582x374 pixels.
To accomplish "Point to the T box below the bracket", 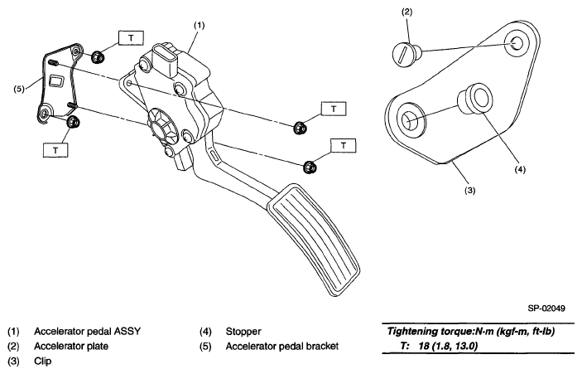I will (55, 150).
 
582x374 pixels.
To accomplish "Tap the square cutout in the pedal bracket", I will (57, 81).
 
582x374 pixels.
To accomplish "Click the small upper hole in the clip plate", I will (517, 43).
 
